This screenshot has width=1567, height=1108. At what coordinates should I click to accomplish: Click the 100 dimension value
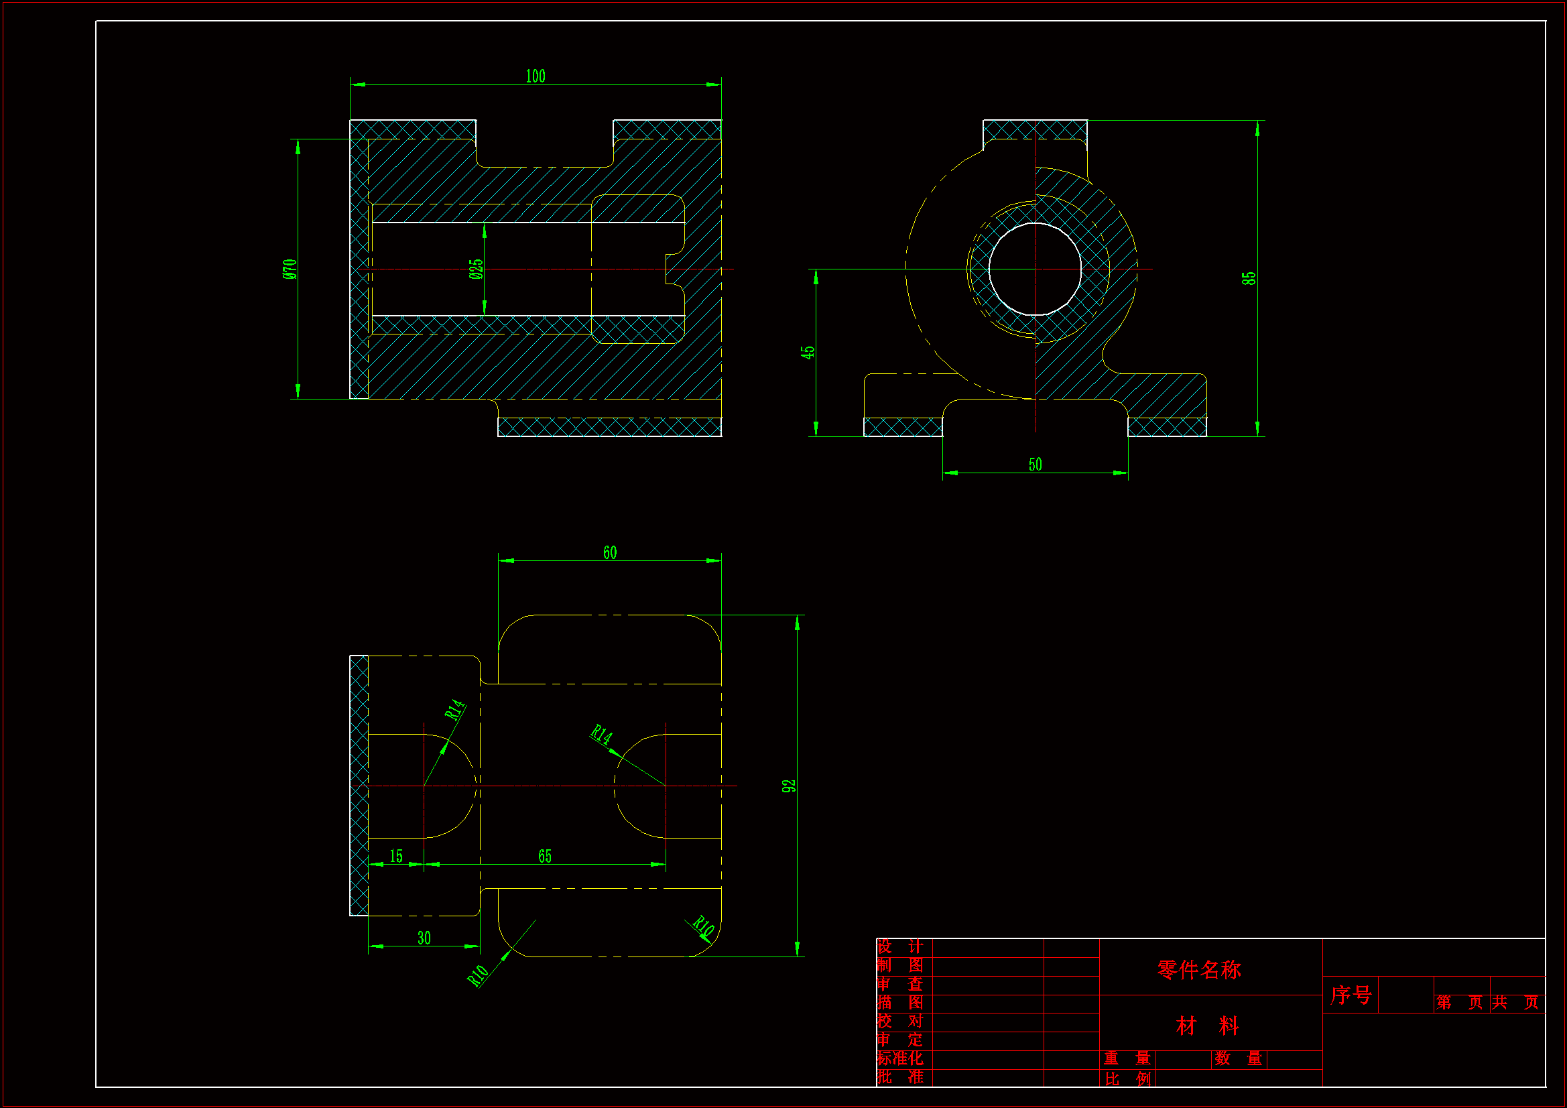point(535,76)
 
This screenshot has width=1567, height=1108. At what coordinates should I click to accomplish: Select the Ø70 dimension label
point(290,269)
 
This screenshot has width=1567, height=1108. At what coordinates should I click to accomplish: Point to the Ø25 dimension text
point(477,269)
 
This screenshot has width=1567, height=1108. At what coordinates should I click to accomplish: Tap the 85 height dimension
point(1248,278)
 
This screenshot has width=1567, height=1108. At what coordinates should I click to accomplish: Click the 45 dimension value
point(808,353)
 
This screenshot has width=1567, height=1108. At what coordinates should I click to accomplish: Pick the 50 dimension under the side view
point(1035,465)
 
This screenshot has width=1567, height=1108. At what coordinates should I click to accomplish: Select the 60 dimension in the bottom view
point(609,552)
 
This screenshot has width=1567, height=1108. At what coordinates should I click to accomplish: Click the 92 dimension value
point(789,786)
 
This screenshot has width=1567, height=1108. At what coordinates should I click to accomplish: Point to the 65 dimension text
point(544,856)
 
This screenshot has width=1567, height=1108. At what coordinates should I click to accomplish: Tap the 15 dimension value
point(396,856)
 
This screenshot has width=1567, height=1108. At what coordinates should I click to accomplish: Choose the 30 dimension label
point(424,938)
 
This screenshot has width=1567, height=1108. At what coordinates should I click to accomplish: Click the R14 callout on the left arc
point(455,710)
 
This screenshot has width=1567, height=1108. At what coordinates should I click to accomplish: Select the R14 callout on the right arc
point(601,735)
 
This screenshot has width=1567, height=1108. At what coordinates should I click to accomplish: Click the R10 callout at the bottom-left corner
point(478,975)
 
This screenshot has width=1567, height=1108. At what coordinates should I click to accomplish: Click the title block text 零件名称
point(1198,969)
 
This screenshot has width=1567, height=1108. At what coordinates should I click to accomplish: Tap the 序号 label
point(1350,995)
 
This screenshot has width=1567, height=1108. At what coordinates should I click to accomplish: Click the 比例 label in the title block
point(1127,1079)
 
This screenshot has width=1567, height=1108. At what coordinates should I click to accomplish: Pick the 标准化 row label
point(899,1058)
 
